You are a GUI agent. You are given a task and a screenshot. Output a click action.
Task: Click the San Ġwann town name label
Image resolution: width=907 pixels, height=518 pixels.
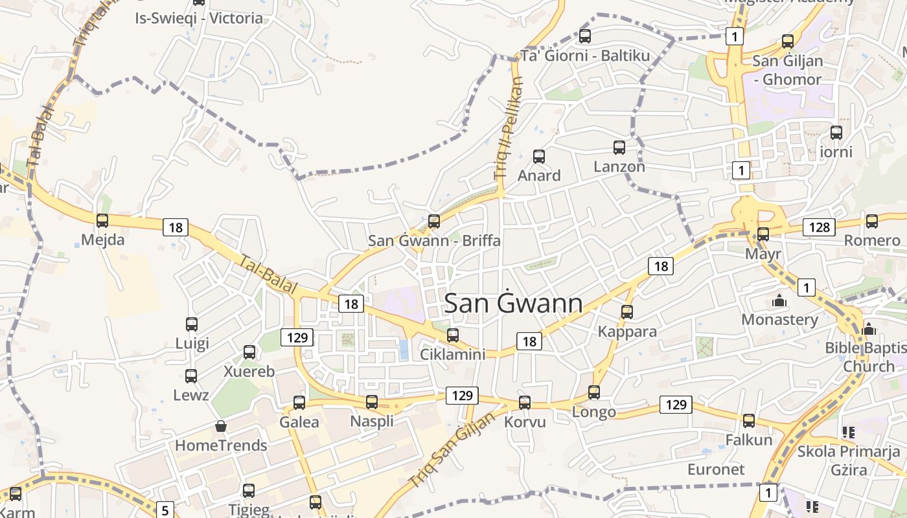point(514,303)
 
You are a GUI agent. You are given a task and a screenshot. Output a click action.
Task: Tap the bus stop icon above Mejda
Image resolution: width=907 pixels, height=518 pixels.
point(102,221)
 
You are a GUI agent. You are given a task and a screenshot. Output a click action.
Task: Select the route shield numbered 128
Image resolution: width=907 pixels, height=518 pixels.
point(819,227)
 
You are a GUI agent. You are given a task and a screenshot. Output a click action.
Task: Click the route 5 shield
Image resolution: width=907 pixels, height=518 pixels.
point(165,510)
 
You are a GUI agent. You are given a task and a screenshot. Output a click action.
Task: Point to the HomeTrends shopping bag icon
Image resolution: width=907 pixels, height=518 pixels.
point(221,426)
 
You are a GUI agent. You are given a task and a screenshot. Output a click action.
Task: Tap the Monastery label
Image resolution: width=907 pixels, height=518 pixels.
point(779,319)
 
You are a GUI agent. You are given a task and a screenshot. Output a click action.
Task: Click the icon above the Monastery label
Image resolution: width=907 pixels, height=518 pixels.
point(779,300)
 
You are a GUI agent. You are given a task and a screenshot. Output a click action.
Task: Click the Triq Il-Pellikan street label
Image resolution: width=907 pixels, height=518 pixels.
point(509,128)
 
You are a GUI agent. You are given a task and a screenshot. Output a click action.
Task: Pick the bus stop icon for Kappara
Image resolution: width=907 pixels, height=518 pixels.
point(627,312)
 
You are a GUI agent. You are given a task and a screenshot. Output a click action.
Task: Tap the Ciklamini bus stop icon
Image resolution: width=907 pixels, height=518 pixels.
point(453,335)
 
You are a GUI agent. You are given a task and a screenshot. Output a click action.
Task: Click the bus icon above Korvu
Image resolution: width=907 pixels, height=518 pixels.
point(525,403)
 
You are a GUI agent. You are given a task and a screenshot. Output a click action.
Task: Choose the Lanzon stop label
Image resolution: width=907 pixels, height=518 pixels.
point(619,166)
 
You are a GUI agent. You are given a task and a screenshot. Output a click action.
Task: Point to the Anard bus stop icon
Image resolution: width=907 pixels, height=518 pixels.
point(539,157)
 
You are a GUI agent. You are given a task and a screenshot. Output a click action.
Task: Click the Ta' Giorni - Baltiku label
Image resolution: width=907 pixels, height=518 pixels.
point(585,56)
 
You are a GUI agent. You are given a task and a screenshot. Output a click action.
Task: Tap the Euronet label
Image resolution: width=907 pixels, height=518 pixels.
point(716,469)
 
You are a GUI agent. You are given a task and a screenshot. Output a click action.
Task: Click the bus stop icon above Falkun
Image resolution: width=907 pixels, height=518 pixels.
point(749,421)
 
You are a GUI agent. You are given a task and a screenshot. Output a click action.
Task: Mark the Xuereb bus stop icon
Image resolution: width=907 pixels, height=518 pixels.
point(249,352)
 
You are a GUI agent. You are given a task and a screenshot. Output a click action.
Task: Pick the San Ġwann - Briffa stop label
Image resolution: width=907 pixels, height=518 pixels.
point(434,240)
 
